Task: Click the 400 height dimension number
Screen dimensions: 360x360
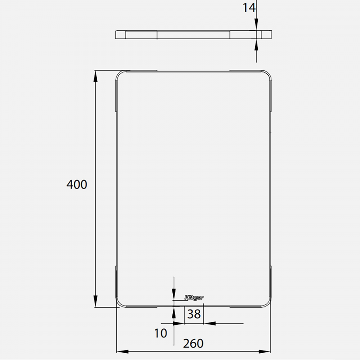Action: (x=76, y=184)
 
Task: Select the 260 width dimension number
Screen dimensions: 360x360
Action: (x=193, y=343)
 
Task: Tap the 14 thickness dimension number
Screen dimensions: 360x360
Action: (x=249, y=8)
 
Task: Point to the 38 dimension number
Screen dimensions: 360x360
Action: (x=194, y=314)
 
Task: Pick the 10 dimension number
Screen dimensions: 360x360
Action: (x=160, y=333)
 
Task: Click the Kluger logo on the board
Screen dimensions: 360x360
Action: (x=194, y=297)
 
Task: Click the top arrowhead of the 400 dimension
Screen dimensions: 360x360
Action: (x=95, y=76)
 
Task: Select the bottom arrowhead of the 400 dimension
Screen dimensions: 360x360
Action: (x=95, y=301)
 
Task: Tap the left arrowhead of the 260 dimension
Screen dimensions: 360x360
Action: (x=122, y=351)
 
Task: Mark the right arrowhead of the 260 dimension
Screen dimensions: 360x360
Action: (x=265, y=351)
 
